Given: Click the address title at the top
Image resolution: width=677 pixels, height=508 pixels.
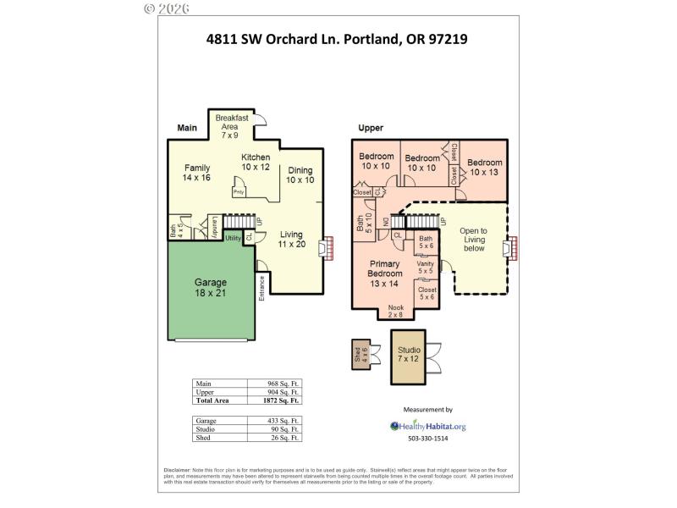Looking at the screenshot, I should pos(337,38).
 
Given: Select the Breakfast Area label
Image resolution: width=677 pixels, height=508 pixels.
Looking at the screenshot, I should pos(231,126).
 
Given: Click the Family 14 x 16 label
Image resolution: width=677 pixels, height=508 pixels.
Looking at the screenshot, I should pos(196,173).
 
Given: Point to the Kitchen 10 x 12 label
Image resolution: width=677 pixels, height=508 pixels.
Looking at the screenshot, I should pos(256,162).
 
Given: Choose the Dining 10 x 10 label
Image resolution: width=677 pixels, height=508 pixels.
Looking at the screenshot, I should pos(300,174).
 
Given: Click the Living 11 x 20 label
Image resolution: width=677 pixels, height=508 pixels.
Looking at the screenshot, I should pos(292,240).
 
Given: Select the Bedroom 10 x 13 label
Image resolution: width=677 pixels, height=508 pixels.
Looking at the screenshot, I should pos(485,167).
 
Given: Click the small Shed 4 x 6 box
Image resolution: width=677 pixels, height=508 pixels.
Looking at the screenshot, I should pos(360,355).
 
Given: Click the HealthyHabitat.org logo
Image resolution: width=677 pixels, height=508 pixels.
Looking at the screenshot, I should pos(427,426).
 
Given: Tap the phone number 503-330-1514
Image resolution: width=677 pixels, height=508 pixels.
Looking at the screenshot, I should pos(428,439).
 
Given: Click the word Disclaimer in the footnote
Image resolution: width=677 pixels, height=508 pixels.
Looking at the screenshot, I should pos(180,470).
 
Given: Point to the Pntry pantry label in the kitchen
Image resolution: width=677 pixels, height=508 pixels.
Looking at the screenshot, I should pos(239,190).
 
